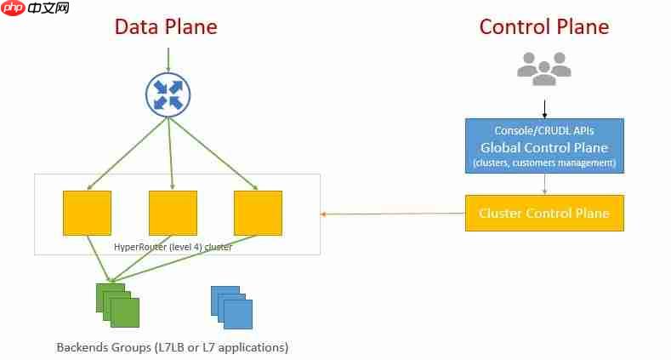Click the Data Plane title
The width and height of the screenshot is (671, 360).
click(166, 26)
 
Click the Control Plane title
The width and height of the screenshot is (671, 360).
click(544, 26)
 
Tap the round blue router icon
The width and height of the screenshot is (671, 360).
click(168, 93)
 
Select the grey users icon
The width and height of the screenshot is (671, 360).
click(544, 68)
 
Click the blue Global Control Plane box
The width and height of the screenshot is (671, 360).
click(544, 146)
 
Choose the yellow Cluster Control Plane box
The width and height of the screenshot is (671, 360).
click(544, 213)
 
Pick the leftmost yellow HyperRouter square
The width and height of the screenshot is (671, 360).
click(87, 213)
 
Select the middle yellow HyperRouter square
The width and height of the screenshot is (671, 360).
click(173, 213)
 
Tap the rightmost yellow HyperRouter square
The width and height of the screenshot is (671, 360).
click(258, 213)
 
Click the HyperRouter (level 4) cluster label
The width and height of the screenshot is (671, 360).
click(173, 247)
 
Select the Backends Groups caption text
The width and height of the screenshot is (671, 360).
click(173, 347)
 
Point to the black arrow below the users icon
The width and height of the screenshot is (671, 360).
click(544, 108)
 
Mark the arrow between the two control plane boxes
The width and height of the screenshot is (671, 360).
click(544, 184)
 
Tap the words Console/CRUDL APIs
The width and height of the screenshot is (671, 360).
click(544, 130)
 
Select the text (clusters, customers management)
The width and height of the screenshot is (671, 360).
click(544, 163)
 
